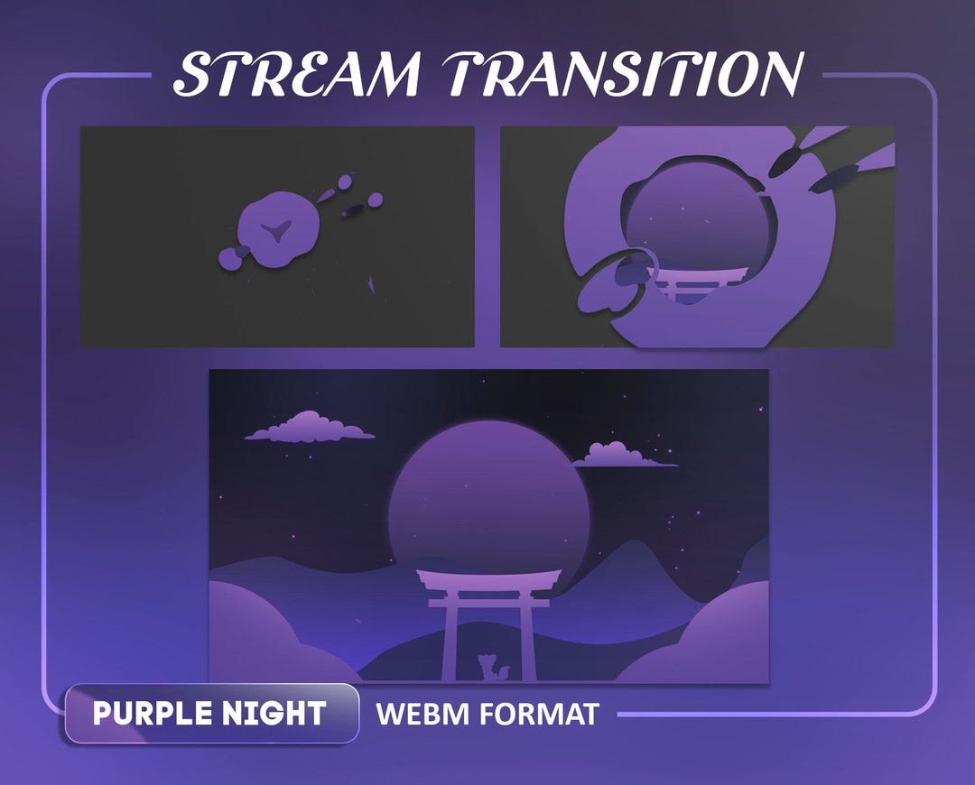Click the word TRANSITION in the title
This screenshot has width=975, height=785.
click(x=624, y=74)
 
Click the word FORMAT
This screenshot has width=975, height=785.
click(x=539, y=715)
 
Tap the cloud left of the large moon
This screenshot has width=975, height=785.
click(x=311, y=427)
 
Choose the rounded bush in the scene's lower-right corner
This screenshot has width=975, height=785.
click(x=713, y=636)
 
